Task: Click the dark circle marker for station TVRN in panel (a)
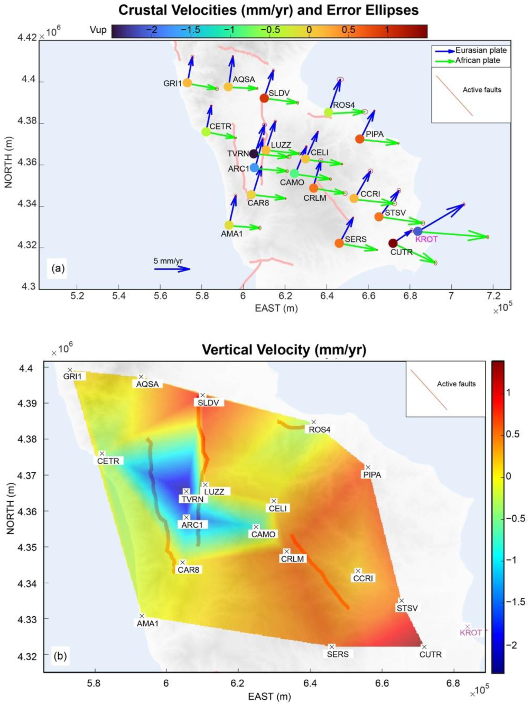254,154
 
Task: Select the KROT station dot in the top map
417,231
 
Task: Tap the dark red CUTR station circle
393,243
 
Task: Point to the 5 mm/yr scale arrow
172,269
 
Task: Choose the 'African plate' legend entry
477,61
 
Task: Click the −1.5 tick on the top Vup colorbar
191,30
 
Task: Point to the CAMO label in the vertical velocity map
263,535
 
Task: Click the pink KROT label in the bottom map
470,633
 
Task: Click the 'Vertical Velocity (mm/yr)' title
284,350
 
